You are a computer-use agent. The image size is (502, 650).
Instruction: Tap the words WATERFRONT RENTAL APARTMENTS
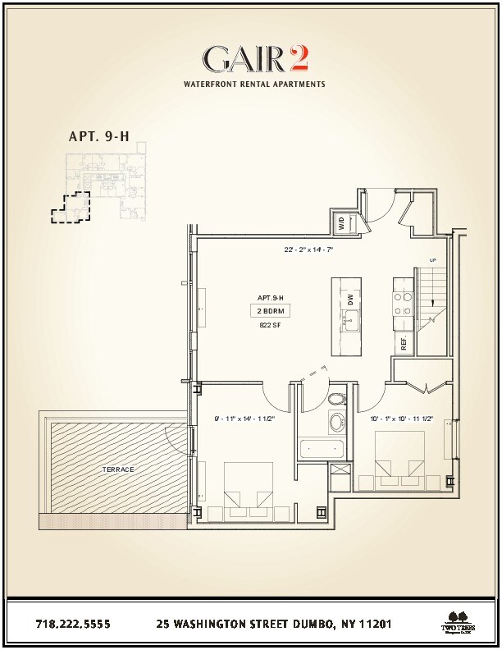[253, 84]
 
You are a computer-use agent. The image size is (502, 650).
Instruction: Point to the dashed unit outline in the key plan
[69, 208]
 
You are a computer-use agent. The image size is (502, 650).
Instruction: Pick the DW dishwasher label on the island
[349, 300]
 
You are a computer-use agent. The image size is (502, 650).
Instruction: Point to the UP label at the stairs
[431, 261]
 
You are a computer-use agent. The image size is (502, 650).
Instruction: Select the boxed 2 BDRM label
[270, 311]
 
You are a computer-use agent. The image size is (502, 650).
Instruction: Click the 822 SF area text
[270, 325]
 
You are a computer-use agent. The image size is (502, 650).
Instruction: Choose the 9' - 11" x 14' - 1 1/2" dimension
[244, 419]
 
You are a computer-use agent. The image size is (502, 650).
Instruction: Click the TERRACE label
[119, 469]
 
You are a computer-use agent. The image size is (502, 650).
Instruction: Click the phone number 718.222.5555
[73, 624]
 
